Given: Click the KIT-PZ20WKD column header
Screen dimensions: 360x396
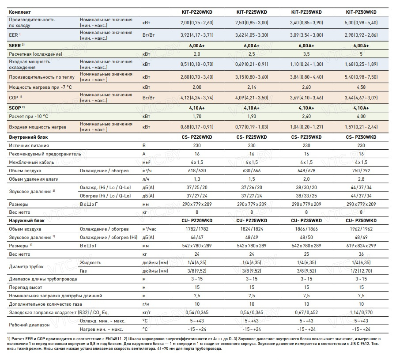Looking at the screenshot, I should (197, 11).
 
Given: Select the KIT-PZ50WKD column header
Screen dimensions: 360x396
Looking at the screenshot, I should (361, 11).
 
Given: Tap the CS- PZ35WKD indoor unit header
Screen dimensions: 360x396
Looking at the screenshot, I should (306, 137).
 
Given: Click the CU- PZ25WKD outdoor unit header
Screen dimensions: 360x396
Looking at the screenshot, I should (252, 220).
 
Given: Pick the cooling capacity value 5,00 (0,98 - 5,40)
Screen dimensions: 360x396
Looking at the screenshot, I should (361, 23).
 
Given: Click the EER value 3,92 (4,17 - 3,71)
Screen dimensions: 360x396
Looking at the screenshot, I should (197, 34).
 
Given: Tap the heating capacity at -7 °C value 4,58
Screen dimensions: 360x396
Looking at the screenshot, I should (361, 87).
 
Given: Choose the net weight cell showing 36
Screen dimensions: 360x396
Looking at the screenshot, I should (361, 254).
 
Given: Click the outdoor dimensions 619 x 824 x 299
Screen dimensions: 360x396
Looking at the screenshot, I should (361, 246).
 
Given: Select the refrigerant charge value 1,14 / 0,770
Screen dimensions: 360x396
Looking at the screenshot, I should (361, 313).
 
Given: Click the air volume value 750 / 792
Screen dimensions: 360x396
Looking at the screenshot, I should (361, 171).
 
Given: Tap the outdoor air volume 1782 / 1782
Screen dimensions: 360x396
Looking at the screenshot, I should (197, 229).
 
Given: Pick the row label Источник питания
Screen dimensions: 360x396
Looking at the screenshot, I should (29, 145).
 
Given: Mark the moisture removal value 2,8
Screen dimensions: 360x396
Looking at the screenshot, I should (361, 179).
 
